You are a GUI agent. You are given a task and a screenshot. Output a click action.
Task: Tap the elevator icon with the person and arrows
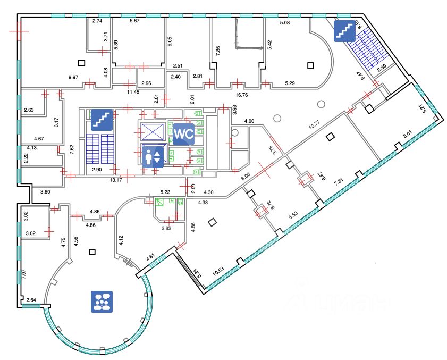[153, 157]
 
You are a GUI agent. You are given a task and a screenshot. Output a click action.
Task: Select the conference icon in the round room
[102, 300]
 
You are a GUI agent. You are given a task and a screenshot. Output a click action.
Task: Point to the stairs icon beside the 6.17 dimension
[102, 120]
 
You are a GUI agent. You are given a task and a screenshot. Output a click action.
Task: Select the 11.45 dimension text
[132, 92]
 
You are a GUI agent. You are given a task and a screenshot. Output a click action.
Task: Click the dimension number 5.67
[135, 21]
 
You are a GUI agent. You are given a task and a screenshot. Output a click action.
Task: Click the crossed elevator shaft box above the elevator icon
[152, 131]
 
